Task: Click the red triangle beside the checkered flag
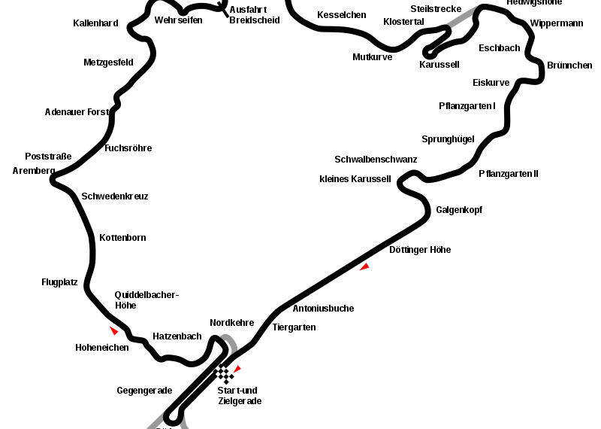[237, 369]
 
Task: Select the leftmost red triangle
[113, 330]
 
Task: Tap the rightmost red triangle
[364, 266]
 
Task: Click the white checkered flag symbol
[223, 374]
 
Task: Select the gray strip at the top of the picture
[462, 17]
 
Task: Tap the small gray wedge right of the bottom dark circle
[183, 424]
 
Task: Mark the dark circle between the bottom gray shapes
[174, 416]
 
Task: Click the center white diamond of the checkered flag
[223, 374]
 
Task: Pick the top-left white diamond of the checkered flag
[218, 369]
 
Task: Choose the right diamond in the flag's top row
[224, 369]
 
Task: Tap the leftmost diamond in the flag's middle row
[218, 374]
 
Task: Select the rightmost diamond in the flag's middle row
[229, 374]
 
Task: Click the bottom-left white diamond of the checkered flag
[223, 379]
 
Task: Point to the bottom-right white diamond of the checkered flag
[229, 379]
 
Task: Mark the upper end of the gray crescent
[222, 336]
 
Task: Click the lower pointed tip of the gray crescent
[229, 356]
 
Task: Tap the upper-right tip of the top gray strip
[478, 6]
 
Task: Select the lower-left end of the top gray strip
[448, 26]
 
